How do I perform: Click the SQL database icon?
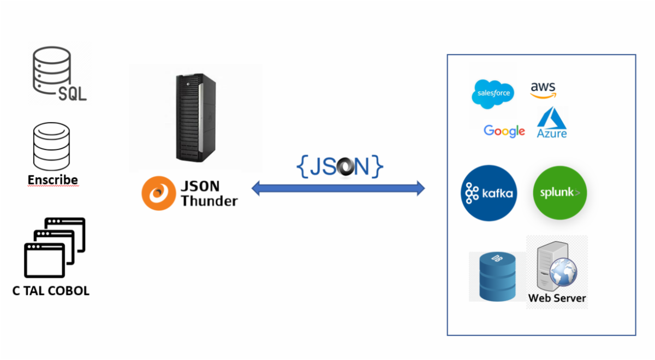pos(57,74)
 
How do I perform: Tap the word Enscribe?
pos(52,180)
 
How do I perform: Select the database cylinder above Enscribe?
pos(52,146)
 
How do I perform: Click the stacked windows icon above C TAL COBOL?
pos(55,247)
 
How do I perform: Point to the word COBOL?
pos(69,291)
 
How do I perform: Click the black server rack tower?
pos(195,118)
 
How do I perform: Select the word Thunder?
pos(209,201)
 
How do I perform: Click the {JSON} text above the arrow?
pos(340,167)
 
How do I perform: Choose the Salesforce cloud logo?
pos(493,93)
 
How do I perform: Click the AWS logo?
pos(543,90)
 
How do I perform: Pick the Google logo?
pos(504,131)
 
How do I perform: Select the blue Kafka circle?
pos(489,193)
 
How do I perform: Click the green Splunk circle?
pos(559,193)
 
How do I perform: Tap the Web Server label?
pos(557,298)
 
